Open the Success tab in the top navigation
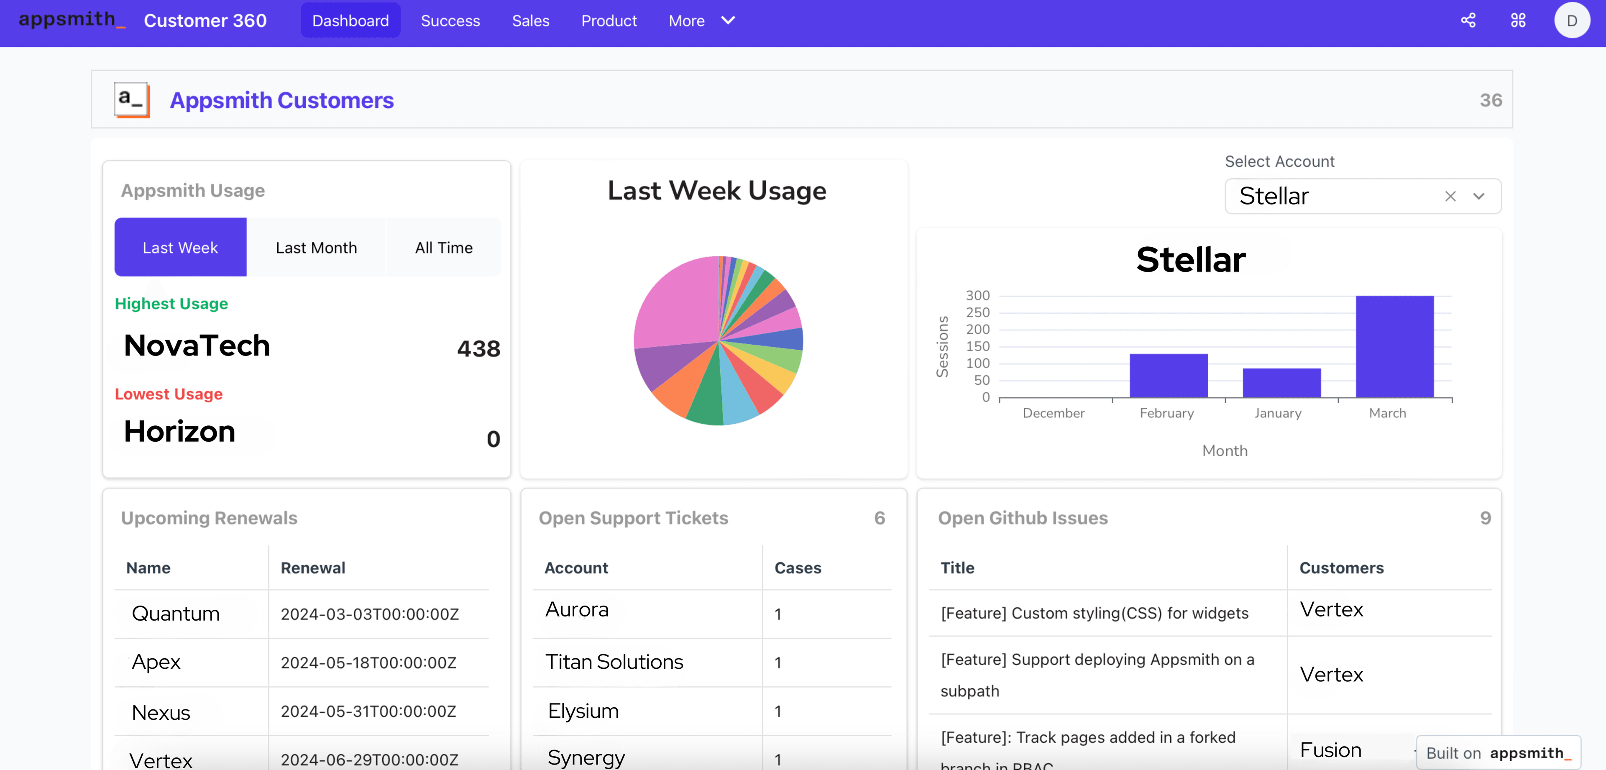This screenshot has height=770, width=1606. (x=450, y=20)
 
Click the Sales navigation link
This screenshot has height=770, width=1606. (x=531, y=20)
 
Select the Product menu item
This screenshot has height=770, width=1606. (x=609, y=20)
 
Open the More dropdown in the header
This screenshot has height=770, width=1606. (x=701, y=20)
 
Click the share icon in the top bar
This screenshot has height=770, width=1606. (x=1468, y=20)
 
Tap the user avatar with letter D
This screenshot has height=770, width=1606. (x=1571, y=20)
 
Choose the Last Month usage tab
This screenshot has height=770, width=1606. (x=316, y=248)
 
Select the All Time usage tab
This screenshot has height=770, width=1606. (x=444, y=248)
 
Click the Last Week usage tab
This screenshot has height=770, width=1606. (x=180, y=248)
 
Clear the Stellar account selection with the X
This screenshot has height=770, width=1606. (x=1450, y=197)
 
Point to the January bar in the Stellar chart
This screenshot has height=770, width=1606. (x=1281, y=383)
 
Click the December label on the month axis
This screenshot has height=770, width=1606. (x=1053, y=413)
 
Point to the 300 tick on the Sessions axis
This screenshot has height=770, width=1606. (x=977, y=296)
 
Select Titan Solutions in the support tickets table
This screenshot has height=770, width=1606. (x=614, y=662)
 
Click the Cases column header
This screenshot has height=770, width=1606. (x=798, y=568)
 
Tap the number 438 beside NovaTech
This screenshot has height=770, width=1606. (x=478, y=348)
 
